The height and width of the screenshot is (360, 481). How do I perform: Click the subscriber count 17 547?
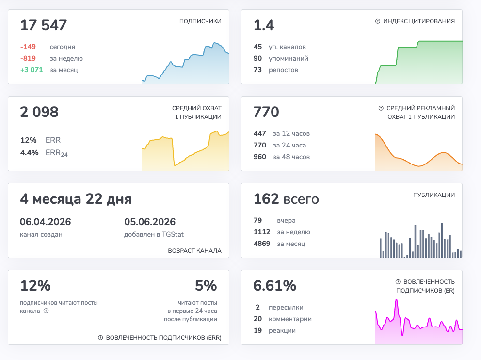(x=43, y=25)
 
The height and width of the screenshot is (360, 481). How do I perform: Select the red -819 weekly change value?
(x=28, y=58)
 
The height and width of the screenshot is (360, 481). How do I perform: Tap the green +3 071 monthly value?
(x=32, y=70)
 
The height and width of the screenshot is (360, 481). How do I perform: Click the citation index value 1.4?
(x=264, y=25)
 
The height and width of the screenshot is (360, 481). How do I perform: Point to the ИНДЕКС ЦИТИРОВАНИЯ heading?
(x=419, y=21)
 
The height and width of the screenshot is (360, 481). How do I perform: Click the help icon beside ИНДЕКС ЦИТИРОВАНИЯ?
(x=378, y=21)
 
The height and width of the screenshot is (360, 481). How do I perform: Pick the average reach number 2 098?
(x=39, y=112)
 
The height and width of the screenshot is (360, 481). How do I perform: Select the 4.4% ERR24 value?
(x=30, y=152)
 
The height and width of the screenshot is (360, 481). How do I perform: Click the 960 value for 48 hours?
(x=259, y=157)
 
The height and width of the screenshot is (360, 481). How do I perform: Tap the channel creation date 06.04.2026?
(x=46, y=222)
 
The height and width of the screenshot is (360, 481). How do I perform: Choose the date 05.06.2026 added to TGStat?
(x=150, y=222)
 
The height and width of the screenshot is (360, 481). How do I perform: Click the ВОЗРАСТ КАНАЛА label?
(x=194, y=251)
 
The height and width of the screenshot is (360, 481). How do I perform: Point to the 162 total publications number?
(x=266, y=199)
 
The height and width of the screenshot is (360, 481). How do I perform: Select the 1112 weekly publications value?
(x=262, y=232)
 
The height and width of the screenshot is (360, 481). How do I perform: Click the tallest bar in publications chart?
(x=442, y=240)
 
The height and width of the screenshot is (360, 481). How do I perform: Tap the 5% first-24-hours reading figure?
(x=206, y=286)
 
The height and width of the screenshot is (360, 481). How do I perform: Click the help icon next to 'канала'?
(x=46, y=311)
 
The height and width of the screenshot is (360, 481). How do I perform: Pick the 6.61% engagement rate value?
(x=275, y=286)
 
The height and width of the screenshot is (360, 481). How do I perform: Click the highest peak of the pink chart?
(x=396, y=300)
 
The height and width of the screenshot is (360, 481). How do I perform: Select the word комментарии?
(x=290, y=319)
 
